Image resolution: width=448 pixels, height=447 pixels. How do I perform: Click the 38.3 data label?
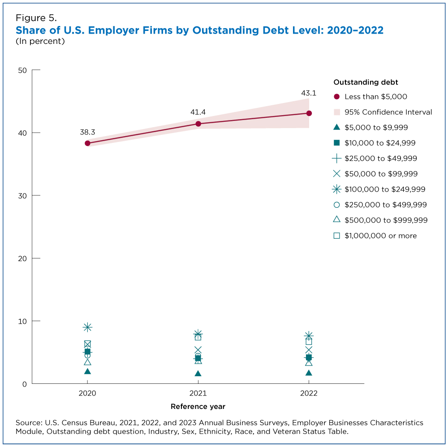click(x=87, y=132)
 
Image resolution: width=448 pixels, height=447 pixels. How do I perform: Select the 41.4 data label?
click(x=198, y=112)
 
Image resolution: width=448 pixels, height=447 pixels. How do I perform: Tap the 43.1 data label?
click(x=309, y=93)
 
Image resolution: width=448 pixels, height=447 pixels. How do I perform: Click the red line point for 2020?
click(x=87, y=143)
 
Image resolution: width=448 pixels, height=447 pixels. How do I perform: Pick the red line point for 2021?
click(x=198, y=124)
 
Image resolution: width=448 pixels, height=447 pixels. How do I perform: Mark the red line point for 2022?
click(x=309, y=113)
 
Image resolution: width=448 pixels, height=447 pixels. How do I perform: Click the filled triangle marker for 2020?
click(x=87, y=371)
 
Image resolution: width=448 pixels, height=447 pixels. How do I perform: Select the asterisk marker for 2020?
click(x=87, y=327)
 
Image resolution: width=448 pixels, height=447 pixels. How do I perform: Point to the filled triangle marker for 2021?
click(x=198, y=374)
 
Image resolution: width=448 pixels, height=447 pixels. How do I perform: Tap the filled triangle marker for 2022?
click(x=309, y=373)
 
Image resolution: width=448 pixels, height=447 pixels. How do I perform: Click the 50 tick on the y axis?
click(x=22, y=70)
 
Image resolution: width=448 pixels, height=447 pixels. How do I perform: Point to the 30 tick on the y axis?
click(x=22, y=196)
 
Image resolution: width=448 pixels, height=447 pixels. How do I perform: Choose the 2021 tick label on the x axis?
click(x=198, y=393)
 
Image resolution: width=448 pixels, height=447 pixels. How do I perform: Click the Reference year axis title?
click(x=198, y=407)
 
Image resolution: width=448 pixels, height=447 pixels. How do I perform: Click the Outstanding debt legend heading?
click(x=366, y=82)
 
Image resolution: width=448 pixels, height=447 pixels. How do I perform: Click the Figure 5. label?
click(x=36, y=18)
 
